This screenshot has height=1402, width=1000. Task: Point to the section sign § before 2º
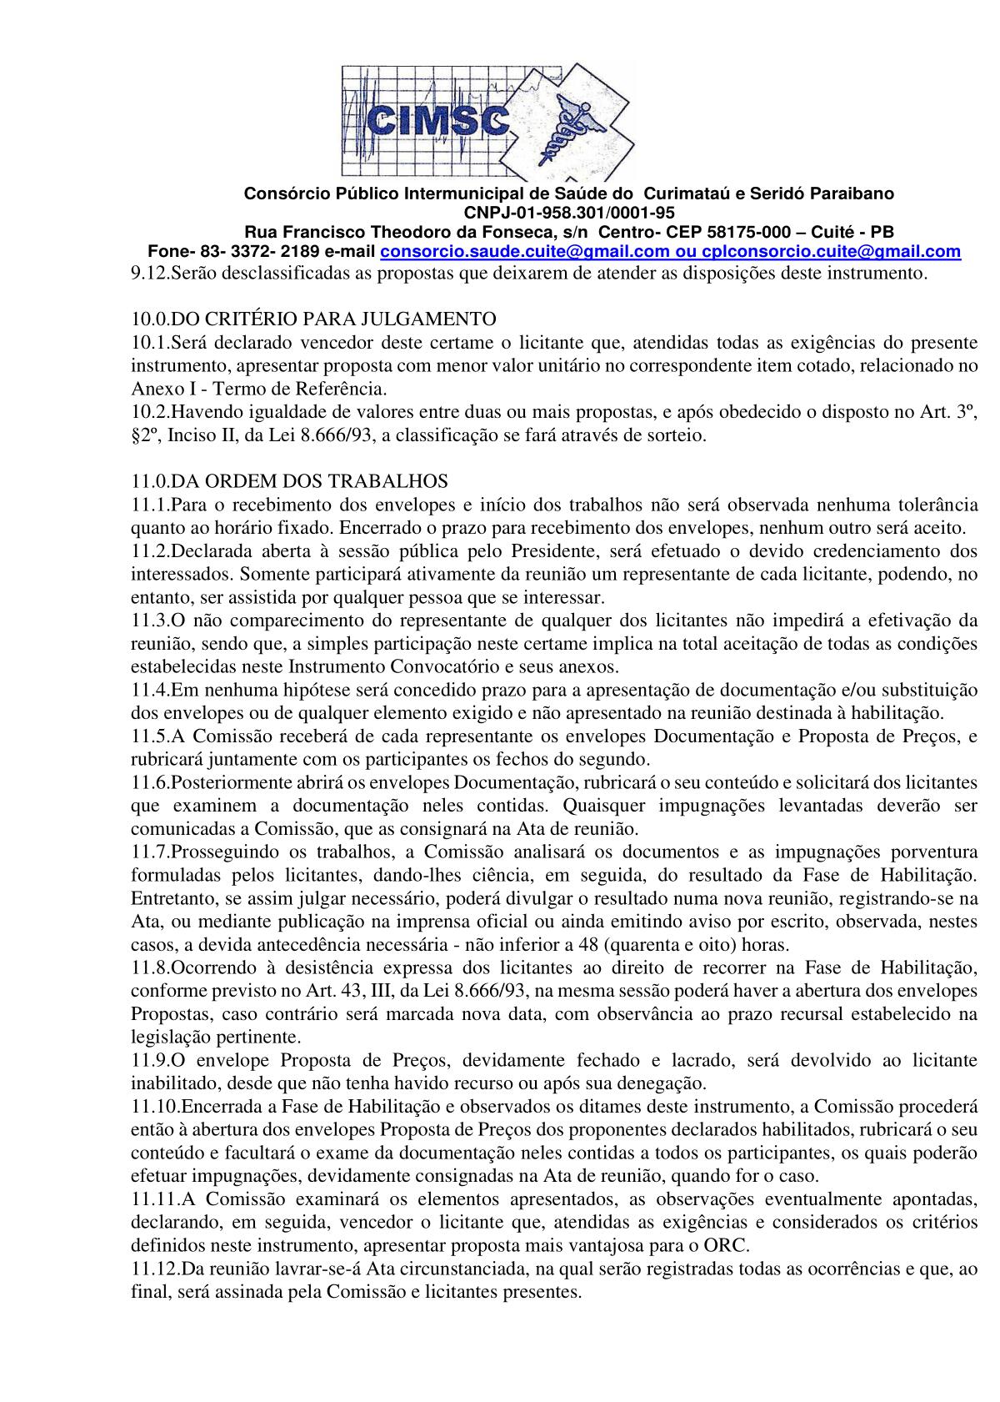136,435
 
